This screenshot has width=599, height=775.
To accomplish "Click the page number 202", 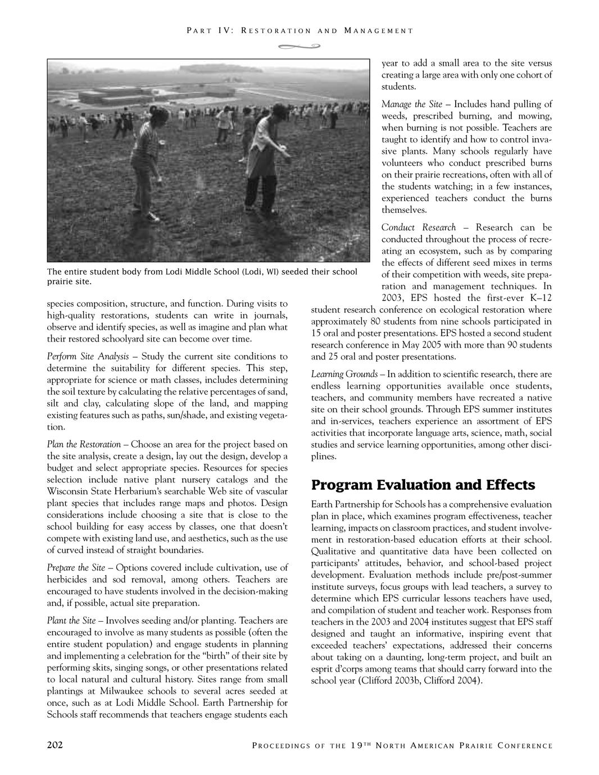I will [55, 745].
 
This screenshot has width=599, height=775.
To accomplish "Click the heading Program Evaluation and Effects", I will [423, 485].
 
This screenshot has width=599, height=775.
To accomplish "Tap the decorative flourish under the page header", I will [299, 47].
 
